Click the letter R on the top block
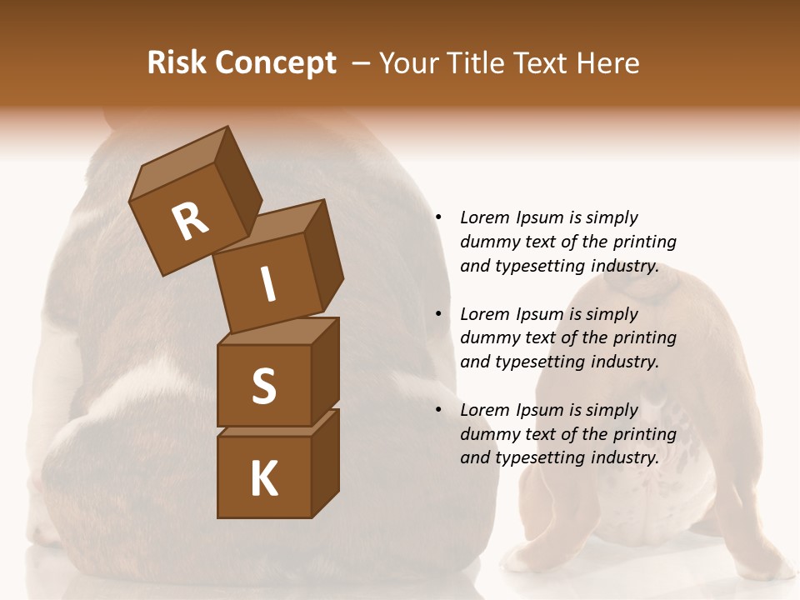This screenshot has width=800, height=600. tap(190, 221)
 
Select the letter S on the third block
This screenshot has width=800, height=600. tap(263, 386)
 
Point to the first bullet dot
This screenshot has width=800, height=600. tap(438, 217)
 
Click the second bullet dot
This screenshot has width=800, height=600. tap(438, 314)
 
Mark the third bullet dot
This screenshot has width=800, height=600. tap(438, 410)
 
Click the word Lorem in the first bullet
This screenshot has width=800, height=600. tap(484, 217)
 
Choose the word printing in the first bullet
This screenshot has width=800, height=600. tap(644, 242)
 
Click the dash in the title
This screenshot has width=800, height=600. tap(361, 63)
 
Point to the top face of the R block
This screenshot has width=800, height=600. tap(180, 162)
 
